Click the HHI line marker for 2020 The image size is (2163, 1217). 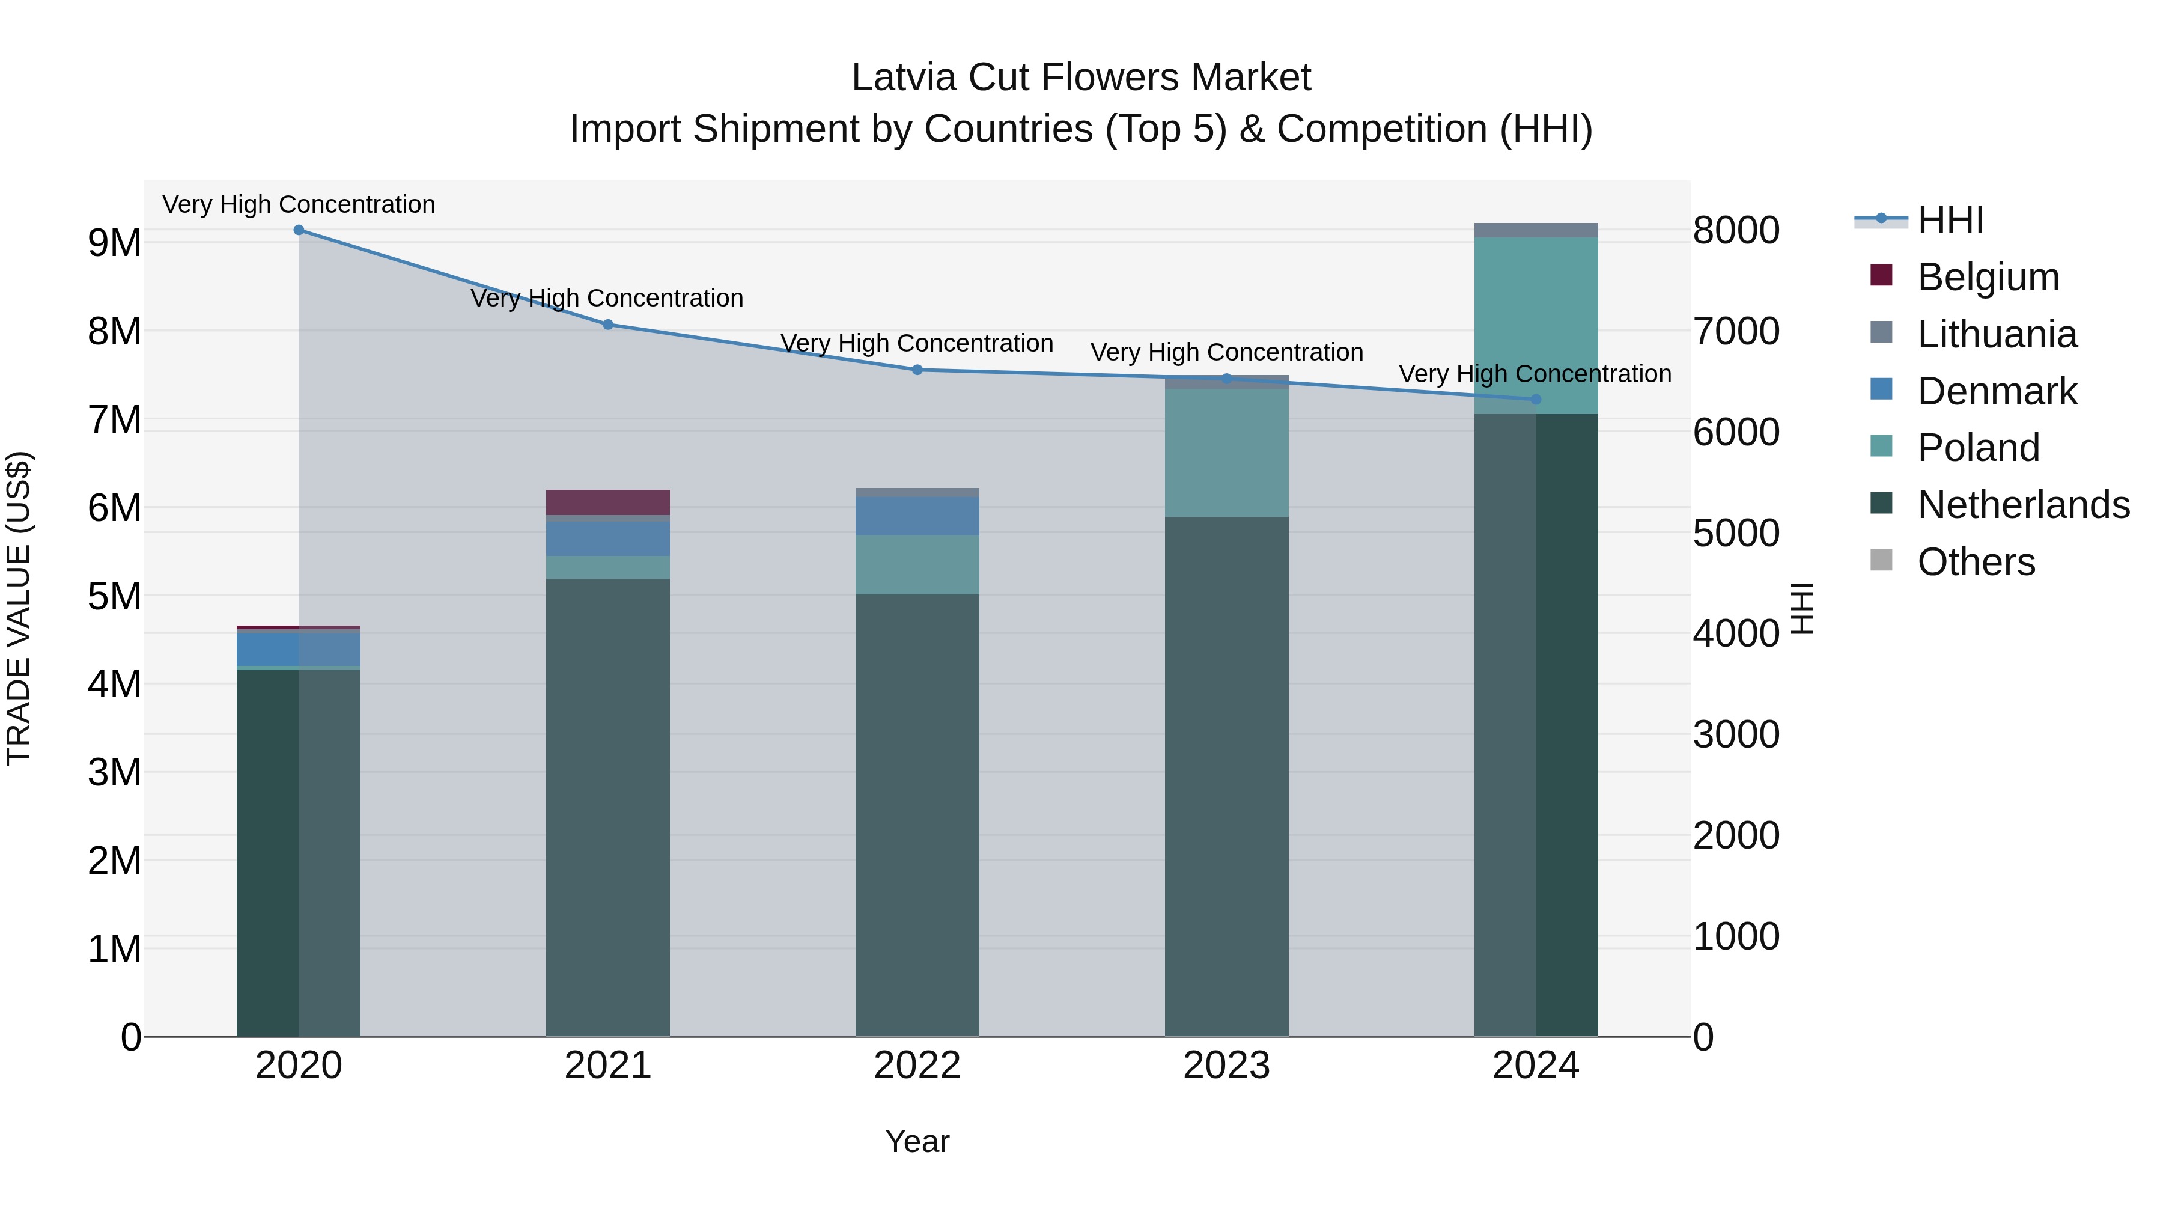click(299, 230)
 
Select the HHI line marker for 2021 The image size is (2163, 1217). click(608, 324)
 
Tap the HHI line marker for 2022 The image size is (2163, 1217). click(917, 370)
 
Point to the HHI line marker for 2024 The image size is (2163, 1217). click(1536, 400)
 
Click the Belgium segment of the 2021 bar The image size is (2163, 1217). click(608, 502)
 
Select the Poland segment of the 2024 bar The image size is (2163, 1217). click(1536, 325)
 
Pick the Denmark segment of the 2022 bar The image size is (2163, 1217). click(917, 516)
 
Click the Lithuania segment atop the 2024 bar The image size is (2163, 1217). click(1536, 230)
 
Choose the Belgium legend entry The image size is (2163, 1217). click(1988, 277)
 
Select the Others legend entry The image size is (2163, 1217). click(1976, 562)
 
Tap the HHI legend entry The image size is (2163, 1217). click(1950, 220)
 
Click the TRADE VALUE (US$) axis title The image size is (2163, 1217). click(19, 608)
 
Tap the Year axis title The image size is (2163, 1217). click(917, 1141)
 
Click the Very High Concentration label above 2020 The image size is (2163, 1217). click(299, 204)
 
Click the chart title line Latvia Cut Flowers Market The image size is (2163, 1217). click(1081, 78)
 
